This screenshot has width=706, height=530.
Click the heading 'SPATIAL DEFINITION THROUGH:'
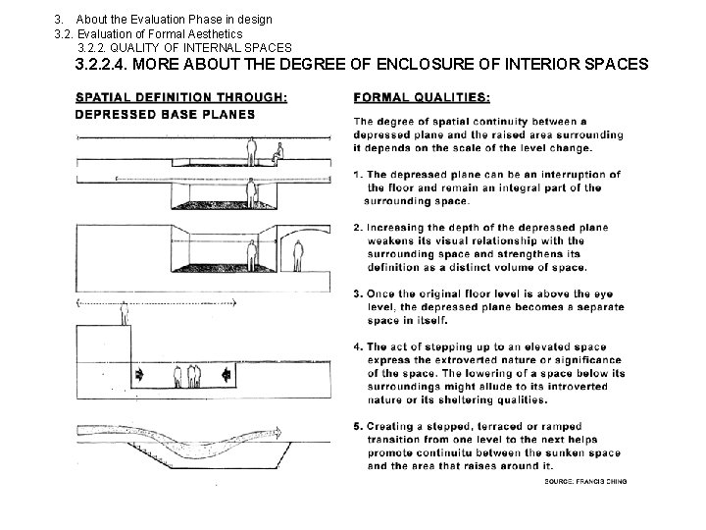pyautogui.click(x=181, y=97)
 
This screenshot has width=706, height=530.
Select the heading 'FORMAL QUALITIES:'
pyautogui.click(x=422, y=97)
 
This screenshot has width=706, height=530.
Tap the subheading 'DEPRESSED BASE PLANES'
pyautogui.click(x=165, y=114)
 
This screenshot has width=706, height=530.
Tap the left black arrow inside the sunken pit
pyautogui.click(x=140, y=374)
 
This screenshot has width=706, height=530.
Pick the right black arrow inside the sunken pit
pyautogui.click(x=227, y=374)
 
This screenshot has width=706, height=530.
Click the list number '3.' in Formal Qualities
pyautogui.click(x=359, y=292)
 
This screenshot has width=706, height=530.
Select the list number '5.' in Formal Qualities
pyautogui.click(x=359, y=426)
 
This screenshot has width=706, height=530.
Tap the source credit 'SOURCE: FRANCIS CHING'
pyautogui.click(x=585, y=481)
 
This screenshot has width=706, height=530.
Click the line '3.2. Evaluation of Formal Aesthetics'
pyautogui.click(x=148, y=33)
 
